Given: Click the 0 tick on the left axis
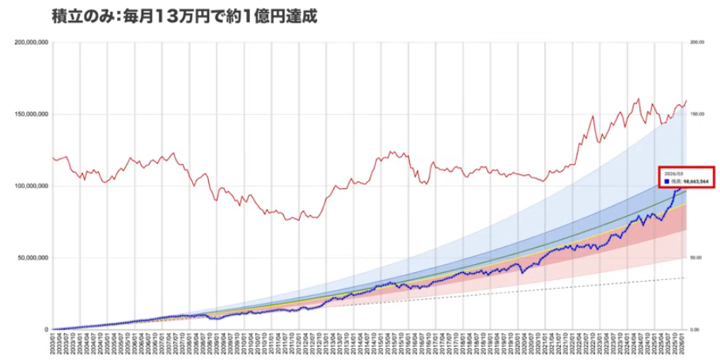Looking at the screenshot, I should click(x=46, y=329).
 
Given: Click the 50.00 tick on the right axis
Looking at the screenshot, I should click(x=696, y=258).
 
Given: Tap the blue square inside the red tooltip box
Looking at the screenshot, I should click(x=664, y=181).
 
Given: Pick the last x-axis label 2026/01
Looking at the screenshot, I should click(x=685, y=346).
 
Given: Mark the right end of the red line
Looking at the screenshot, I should click(x=686, y=100).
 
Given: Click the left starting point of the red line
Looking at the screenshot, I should click(x=53, y=157).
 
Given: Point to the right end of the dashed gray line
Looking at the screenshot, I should click(x=686, y=278).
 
